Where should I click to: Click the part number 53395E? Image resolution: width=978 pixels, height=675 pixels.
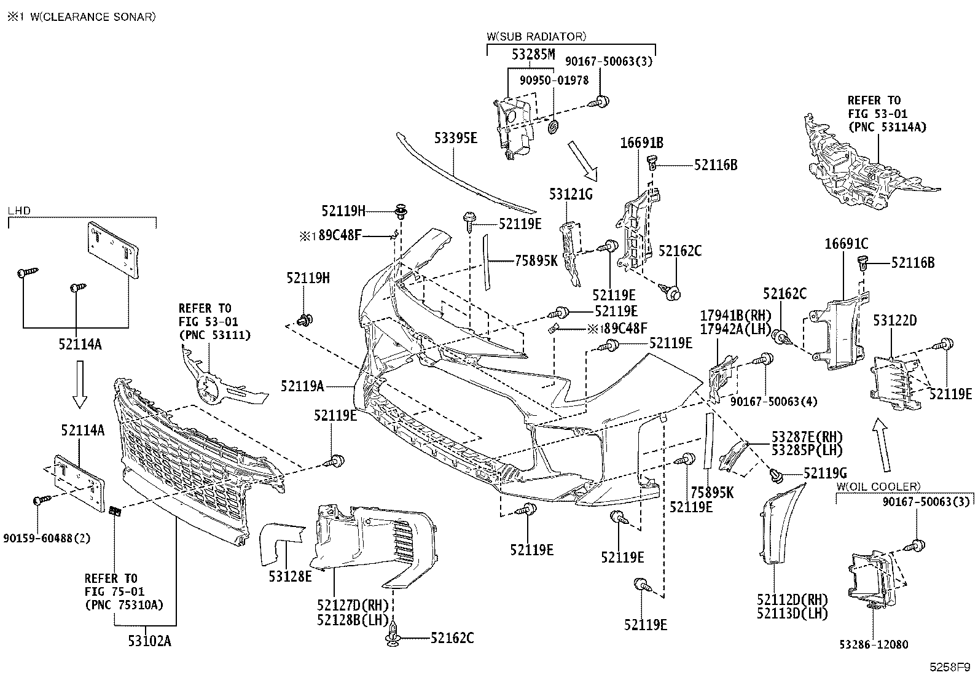[x=455, y=138]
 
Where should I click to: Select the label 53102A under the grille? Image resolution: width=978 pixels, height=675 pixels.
[x=149, y=641]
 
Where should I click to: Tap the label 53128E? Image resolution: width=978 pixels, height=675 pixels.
[x=290, y=576]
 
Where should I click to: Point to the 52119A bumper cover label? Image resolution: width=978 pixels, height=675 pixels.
[x=302, y=386]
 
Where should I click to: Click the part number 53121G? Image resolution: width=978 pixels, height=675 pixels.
[x=571, y=194]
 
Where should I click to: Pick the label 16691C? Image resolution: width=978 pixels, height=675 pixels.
[x=846, y=244]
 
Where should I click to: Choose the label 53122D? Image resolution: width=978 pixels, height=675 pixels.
[x=894, y=321]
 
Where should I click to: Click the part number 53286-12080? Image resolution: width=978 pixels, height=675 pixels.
[x=873, y=644]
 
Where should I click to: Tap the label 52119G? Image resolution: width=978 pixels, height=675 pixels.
[x=825, y=473]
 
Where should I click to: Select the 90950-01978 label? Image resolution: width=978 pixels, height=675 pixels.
[x=554, y=80]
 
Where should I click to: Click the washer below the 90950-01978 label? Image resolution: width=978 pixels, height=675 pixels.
[x=553, y=127]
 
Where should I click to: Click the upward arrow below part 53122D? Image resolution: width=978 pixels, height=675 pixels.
[x=882, y=445]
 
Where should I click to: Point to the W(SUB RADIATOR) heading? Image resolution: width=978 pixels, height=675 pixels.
[x=536, y=37]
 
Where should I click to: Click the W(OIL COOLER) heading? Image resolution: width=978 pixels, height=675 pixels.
[x=878, y=486]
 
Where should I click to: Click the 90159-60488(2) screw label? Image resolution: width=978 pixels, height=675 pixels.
[x=47, y=538]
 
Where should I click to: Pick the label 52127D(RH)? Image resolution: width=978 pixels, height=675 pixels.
[x=353, y=605]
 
